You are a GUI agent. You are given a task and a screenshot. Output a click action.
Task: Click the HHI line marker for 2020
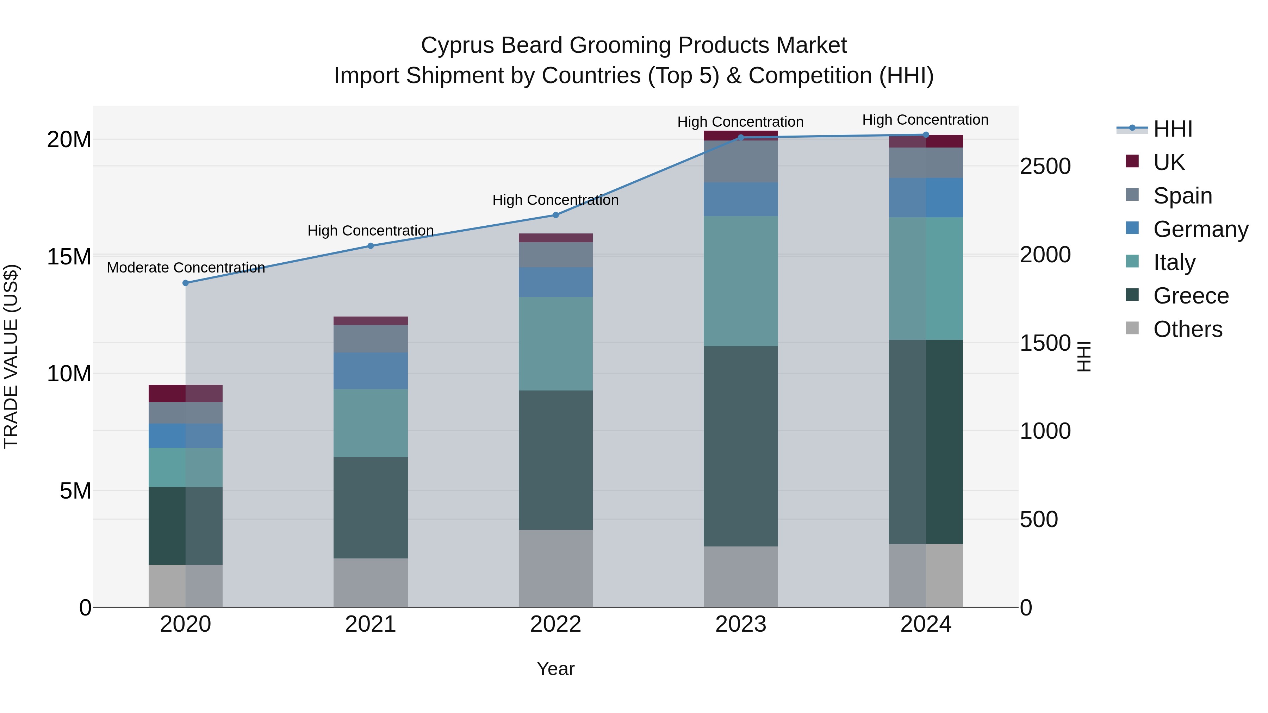click(x=186, y=283)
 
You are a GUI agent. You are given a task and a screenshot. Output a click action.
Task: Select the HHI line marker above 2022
click(x=556, y=215)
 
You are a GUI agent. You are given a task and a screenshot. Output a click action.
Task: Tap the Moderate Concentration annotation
click(x=186, y=268)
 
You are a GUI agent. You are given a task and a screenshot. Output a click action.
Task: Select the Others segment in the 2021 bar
click(x=371, y=583)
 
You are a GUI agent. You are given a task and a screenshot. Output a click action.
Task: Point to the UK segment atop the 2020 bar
click(x=186, y=393)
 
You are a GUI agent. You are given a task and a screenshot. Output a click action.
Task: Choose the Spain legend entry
click(x=1182, y=196)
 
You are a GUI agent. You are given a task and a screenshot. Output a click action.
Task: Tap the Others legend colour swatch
click(x=1132, y=328)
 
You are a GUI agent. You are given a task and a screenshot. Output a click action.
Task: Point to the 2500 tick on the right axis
click(x=1045, y=166)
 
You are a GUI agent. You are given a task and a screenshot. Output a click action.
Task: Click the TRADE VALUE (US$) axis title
click(x=11, y=356)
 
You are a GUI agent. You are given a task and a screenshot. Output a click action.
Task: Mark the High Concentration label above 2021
click(x=371, y=231)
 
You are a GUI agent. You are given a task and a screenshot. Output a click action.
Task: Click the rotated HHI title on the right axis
click(x=1083, y=356)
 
